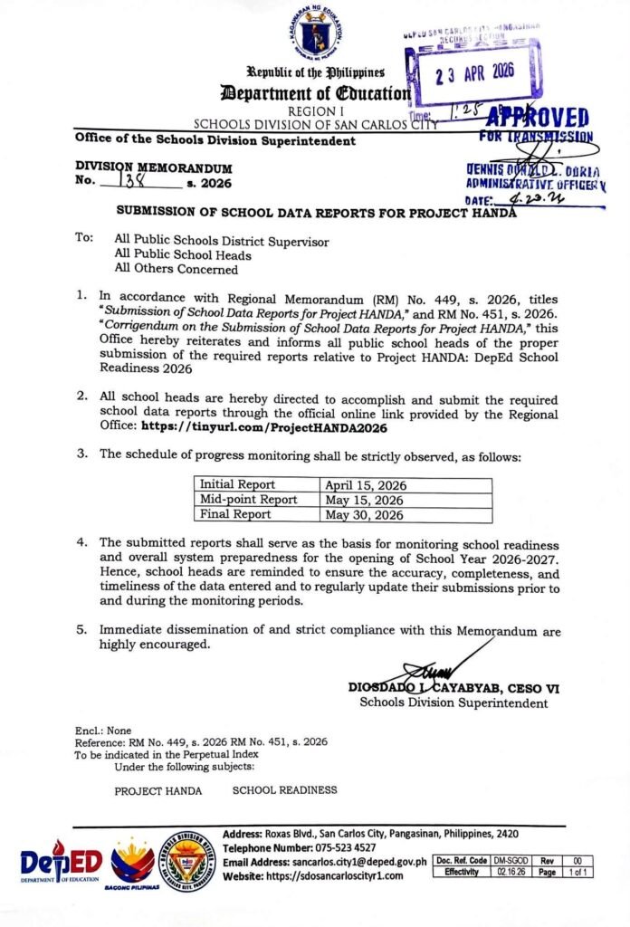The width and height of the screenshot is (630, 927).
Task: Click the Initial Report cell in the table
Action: point(237,484)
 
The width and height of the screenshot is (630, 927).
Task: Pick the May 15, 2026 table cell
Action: point(365,500)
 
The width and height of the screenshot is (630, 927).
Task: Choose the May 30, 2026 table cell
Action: point(365,515)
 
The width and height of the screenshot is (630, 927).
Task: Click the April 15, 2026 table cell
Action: point(366,484)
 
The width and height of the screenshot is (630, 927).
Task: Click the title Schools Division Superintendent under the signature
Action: point(453,702)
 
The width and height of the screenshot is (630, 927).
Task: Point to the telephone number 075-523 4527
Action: point(337,847)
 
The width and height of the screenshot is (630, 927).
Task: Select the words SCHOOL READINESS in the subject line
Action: point(284,789)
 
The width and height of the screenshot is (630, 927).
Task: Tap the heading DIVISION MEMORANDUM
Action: point(153,168)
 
